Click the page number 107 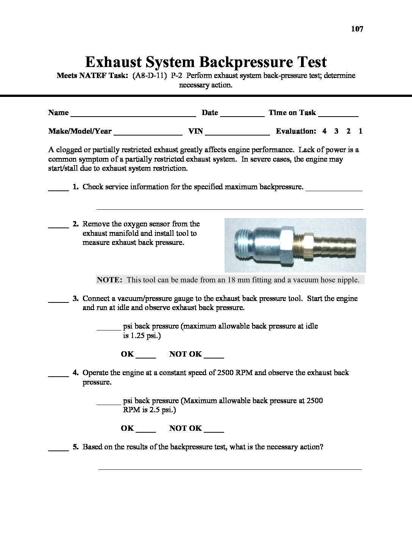357,29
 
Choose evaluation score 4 325,131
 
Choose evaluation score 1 360,131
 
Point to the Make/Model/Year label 80,131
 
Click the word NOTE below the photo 109,280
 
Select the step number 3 76,299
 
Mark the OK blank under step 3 146,357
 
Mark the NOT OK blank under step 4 214,431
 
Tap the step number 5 76,447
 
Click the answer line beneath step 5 230,469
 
